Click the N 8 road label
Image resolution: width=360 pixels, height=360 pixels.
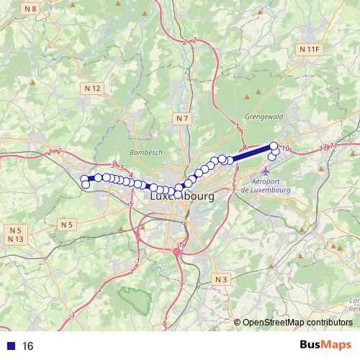tap(29, 9)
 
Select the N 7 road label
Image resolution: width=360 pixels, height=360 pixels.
tap(183, 117)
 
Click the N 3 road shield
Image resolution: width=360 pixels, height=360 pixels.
tap(221, 279)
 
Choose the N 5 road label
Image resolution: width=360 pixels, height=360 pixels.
tap(66, 225)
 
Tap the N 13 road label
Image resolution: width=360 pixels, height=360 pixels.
tap(16, 239)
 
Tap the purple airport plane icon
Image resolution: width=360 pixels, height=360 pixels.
tap(266, 173)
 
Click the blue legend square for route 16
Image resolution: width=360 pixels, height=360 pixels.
tap(9, 346)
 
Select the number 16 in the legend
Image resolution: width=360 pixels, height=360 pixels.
tap(28, 346)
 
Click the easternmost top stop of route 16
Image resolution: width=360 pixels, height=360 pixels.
tap(274, 146)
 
